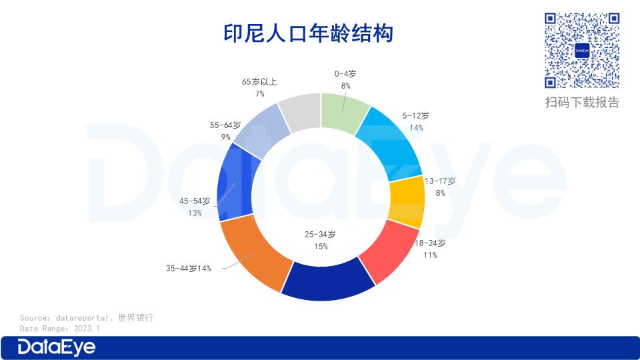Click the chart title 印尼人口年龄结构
[308, 33]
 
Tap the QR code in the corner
[583, 51]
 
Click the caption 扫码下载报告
[582, 102]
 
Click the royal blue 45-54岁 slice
[234, 186]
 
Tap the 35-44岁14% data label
[189, 269]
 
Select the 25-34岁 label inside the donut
[320, 235]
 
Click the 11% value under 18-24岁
[431, 255]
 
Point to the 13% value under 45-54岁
[195, 213]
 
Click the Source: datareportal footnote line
[87, 318]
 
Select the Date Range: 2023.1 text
[60, 329]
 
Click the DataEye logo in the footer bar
[57, 347]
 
